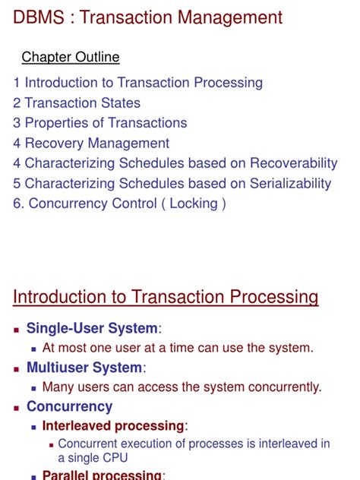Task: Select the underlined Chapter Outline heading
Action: [70, 57]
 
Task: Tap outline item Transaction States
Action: [82, 103]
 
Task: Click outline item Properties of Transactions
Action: [106, 122]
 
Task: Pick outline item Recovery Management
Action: [96, 143]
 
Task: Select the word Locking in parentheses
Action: [193, 203]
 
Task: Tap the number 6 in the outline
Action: [17, 203]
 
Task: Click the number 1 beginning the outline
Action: [17, 83]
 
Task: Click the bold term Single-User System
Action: [93, 328]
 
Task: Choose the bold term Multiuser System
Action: [84, 368]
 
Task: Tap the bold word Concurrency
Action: [69, 406]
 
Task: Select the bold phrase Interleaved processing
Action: [113, 426]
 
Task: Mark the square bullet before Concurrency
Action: [17, 408]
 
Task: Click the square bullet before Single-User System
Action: [17, 329]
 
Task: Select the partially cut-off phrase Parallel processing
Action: [102, 475]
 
